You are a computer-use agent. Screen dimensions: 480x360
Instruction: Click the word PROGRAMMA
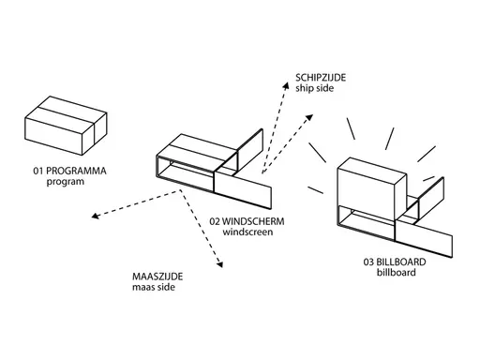[76, 171]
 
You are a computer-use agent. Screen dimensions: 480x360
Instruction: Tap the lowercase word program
[66, 182]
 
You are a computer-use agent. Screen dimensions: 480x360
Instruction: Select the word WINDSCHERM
[253, 221]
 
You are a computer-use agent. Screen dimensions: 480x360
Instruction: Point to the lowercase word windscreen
[247, 232]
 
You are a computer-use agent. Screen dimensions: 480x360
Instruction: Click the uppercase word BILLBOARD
[401, 262]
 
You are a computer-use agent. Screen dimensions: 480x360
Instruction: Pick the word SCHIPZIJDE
[321, 78]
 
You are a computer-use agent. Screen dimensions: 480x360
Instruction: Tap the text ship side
[314, 88]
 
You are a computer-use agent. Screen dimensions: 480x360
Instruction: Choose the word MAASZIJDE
[157, 277]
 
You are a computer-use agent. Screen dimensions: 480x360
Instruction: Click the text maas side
[154, 287]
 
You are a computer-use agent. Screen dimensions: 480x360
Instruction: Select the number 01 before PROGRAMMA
[38, 171]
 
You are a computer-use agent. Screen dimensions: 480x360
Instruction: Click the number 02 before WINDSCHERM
[215, 221]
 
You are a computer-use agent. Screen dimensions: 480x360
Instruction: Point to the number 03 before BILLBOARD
[368, 262]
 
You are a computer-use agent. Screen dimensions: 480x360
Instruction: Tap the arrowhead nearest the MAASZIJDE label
[219, 264]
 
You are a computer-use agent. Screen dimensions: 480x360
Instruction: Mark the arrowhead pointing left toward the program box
[95, 216]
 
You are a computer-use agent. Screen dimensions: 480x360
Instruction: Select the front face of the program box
[53, 136]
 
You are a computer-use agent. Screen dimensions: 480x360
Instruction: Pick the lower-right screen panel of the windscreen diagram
[243, 189]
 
